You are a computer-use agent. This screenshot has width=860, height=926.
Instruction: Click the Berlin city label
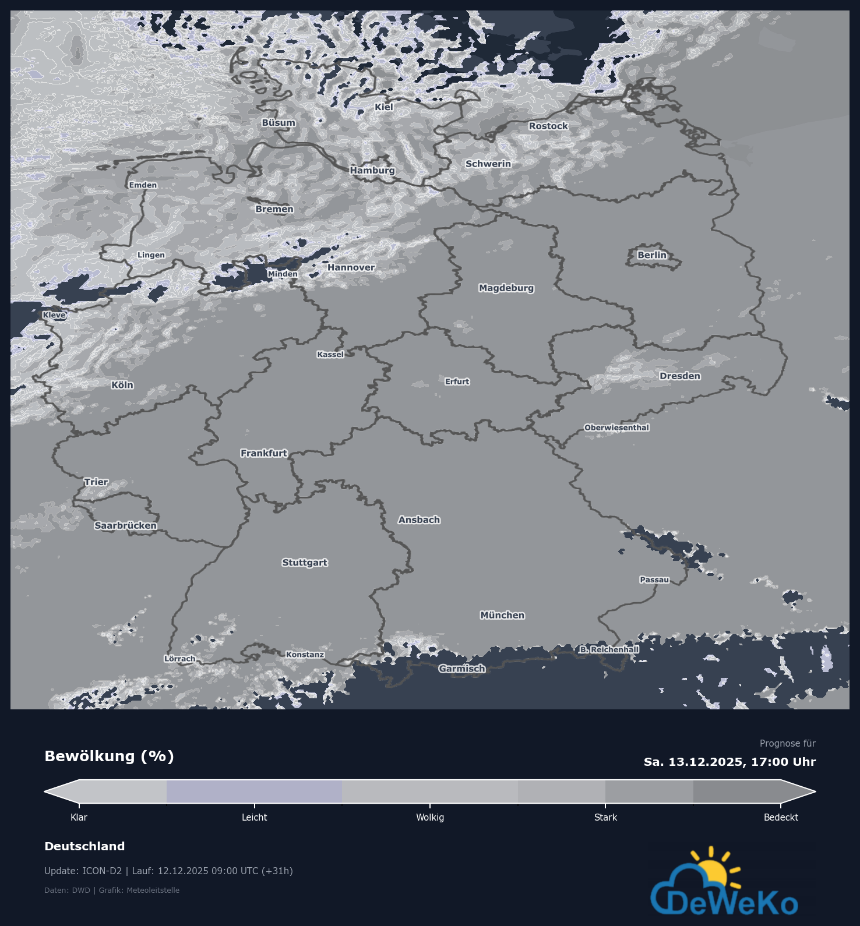[x=651, y=255]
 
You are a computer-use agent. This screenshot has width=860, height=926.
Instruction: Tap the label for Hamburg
[x=372, y=170]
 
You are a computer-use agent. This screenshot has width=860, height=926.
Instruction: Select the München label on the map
[x=502, y=615]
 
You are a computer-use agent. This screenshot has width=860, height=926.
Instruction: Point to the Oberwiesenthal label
[x=616, y=427]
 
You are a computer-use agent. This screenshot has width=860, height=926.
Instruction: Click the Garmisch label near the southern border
[x=462, y=669]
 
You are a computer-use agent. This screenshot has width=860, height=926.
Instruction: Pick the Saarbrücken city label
[x=125, y=525]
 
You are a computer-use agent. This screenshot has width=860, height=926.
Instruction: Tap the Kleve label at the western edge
[x=54, y=315]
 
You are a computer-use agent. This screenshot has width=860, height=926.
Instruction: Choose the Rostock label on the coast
[x=548, y=126]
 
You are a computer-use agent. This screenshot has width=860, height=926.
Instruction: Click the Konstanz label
[x=305, y=655]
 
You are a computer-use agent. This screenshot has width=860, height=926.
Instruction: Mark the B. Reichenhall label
[x=609, y=649]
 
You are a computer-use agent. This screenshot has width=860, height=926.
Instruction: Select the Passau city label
[x=654, y=579]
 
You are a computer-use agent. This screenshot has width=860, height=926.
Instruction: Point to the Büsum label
[x=279, y=123]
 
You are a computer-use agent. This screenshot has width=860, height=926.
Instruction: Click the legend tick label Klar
[x=79, y=817]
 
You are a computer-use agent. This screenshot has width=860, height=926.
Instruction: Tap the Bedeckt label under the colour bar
[x=781, y=817]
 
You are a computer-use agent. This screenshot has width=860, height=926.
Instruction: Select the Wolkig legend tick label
[x=430, y=817]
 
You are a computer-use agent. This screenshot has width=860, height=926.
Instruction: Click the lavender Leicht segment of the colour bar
[x=254, y=791]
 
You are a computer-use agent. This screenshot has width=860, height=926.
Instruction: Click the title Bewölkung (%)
[x=109, y=756]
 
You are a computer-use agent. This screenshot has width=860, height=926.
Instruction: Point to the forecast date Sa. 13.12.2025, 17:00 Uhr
[x=729, y=762]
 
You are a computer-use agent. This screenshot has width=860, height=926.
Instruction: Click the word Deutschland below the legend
[x=84, y=846]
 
